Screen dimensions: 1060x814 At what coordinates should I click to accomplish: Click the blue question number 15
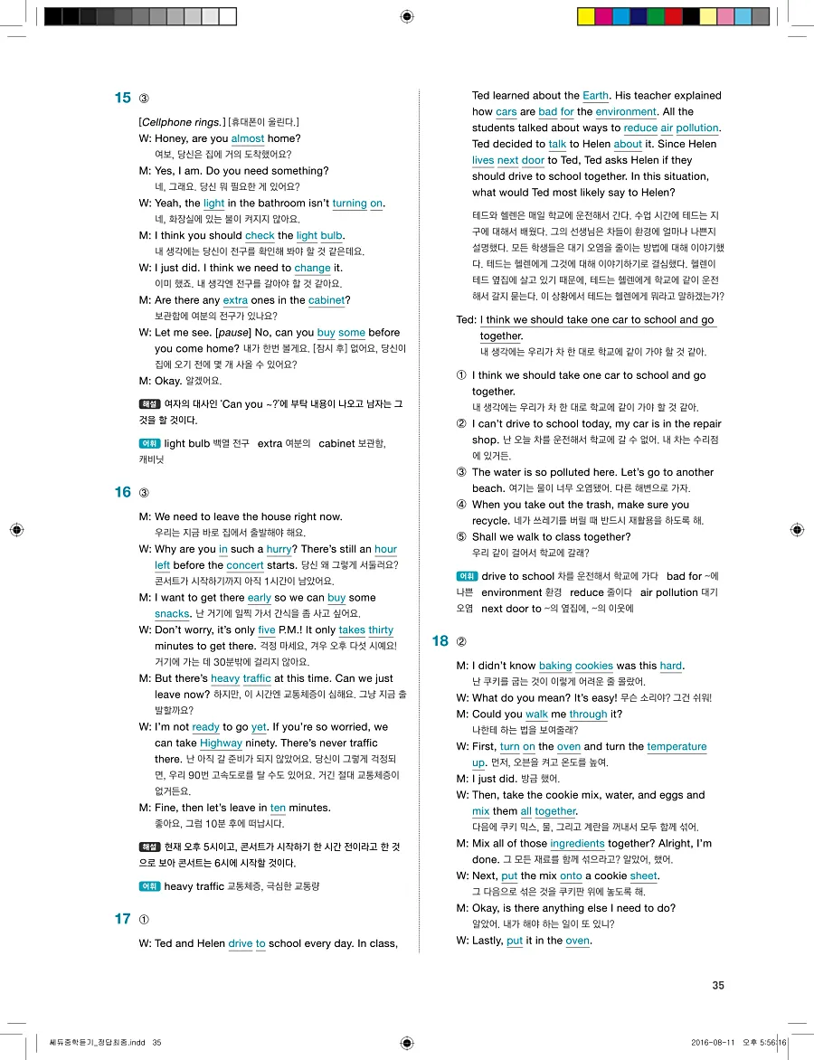(123, 98)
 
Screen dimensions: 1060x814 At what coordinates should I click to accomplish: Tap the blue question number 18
(440, 641)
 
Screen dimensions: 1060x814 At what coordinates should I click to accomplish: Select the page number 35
(718, 986)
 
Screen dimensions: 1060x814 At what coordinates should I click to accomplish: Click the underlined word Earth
(596, 95)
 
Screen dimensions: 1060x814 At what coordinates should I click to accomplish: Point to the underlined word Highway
(221, 743)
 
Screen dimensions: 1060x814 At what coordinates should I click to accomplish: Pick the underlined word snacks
(172, 613)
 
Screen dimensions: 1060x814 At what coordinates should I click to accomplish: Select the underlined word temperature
(677, 746)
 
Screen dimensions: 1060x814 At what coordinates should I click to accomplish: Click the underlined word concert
(244, 565)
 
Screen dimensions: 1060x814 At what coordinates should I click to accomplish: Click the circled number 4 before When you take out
(461, 505)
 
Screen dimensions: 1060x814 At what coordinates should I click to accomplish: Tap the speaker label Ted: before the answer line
(467, 320)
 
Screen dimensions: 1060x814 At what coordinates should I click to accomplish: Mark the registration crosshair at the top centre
(406, 16)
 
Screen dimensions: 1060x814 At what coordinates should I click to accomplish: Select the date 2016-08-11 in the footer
(717, 1042)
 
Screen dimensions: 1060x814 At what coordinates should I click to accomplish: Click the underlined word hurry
(279, 549)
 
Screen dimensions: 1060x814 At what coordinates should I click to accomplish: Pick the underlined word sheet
(643, 875)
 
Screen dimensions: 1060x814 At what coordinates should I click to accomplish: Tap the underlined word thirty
(381, 629)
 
